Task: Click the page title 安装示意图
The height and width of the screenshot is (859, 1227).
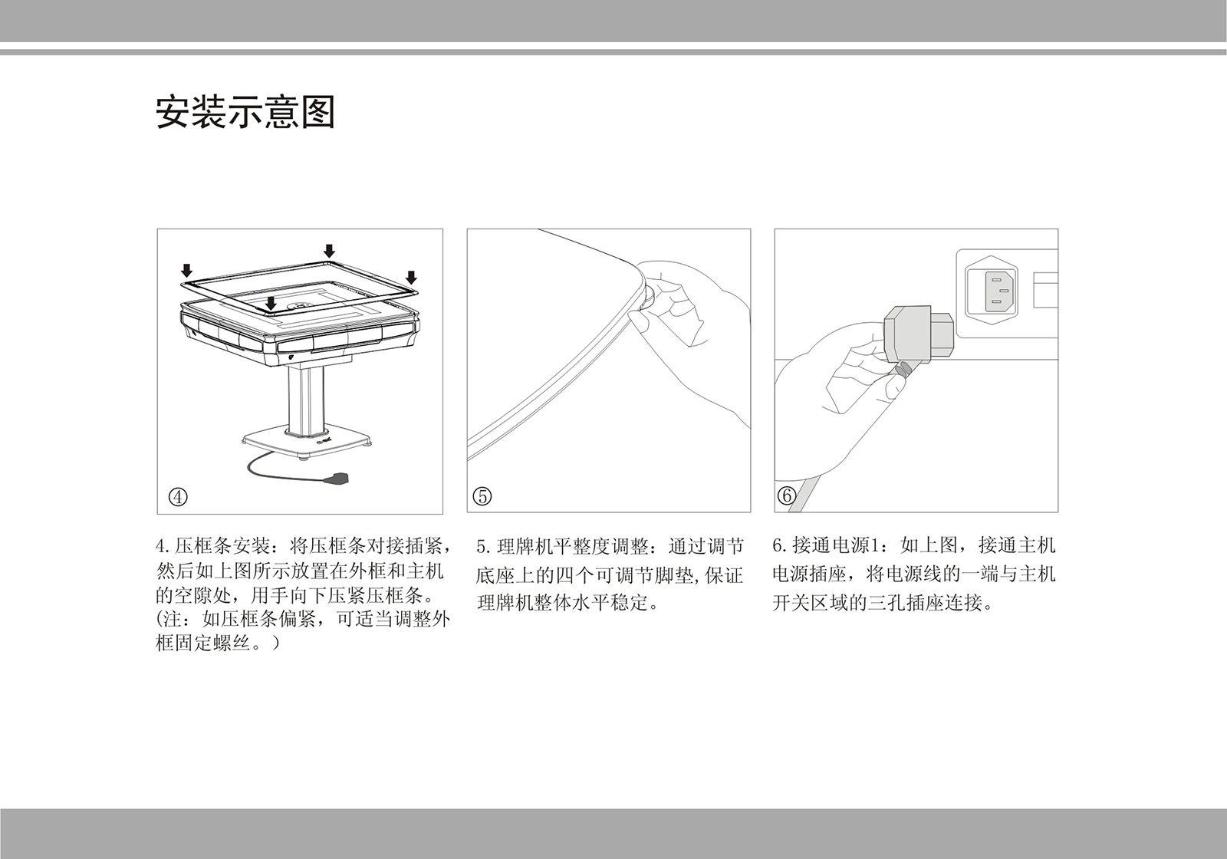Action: [245, 113]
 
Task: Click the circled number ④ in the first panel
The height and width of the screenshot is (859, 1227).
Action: [178, 496]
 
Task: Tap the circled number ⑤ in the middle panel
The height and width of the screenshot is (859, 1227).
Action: [482, 496]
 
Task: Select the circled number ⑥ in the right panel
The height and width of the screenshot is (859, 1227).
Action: [787, 496]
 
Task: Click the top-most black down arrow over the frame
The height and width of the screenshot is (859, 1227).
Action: [330, 251]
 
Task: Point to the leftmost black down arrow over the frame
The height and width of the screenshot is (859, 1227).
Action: [186, 269]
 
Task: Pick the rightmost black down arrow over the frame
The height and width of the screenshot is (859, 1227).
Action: [411, 277]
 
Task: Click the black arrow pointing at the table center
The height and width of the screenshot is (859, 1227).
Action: [271, 304]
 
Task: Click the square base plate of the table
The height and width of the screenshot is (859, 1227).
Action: [307, 444]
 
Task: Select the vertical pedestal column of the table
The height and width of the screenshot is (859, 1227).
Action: [304, 399]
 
